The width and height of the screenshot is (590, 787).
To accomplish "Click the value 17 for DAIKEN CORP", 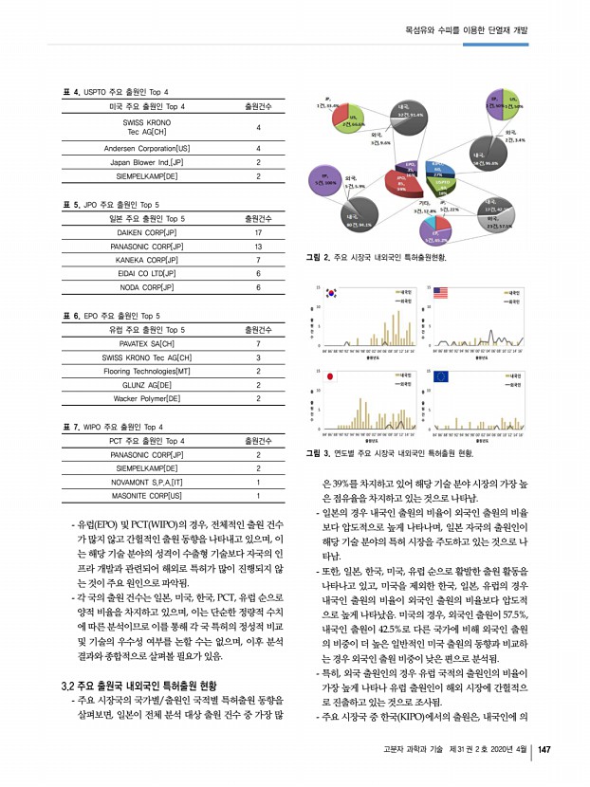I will pos(258,232).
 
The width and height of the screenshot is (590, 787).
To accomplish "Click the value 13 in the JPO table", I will pos(258,246).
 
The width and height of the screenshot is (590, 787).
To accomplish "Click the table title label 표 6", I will pos(70,315).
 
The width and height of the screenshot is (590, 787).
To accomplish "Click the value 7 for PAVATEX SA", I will pos(258,343).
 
